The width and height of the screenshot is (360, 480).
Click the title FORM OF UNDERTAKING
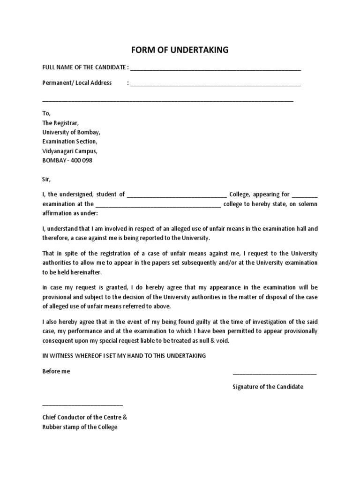pyautogui.click(x=180, y=50)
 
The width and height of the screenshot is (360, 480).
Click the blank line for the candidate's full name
pyautogui.click(x=215, y=68)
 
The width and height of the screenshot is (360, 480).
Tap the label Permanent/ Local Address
pyautogui.click(x=77, y=82)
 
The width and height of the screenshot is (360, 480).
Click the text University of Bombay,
pyautogui.click(x=71, y=132)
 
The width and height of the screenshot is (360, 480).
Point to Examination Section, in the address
pyautogui.click(x=70, y=142)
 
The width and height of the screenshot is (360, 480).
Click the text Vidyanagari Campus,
pyautogui.click(x=70, y=151)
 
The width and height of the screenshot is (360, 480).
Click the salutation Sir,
pyautogui.click(x=46, y=179)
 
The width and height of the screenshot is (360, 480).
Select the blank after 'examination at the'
pyautogui.click(x=158, y=205)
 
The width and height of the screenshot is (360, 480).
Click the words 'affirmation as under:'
pyautogui.click(x=70, y=213)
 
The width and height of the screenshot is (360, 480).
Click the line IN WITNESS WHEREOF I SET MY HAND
pyautogui.click(x=124, y=356)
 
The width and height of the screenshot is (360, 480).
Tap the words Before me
pyautogui.click(x=56, y=371)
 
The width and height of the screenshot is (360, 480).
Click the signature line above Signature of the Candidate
pyautogui.click(x=274, y=374)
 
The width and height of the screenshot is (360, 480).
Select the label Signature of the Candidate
pyautogui.click(x=268, y=387)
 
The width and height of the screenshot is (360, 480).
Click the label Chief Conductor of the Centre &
pyautogui.click(x=84, y=417)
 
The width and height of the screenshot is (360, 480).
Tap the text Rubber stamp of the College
pyautogui.click(x=80, y=427)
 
